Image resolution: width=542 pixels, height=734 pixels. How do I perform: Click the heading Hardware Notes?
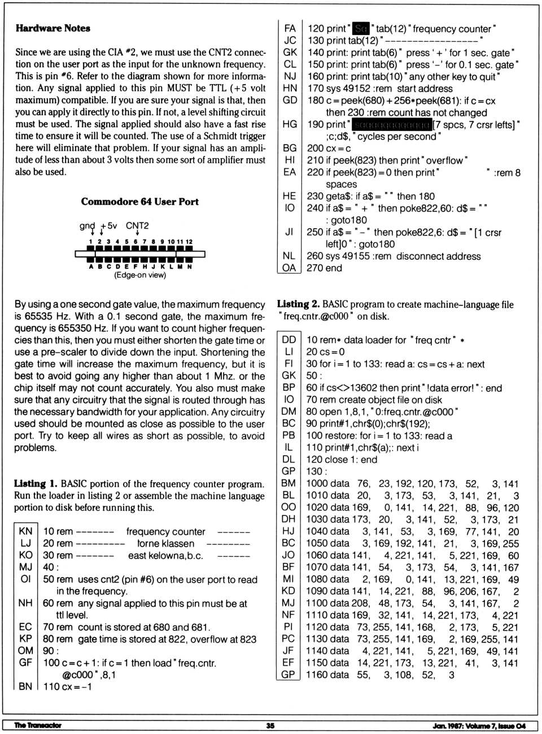tap(53, 28)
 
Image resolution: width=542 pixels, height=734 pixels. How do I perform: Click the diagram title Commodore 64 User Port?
tap(139, 202)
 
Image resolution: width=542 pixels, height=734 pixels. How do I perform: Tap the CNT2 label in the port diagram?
tap(137, 226)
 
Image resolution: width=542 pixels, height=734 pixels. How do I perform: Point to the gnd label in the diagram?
tap(87, 226)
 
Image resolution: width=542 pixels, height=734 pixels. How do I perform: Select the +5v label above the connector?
tap(108, 226)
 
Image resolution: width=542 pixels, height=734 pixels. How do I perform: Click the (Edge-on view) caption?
tap(140, 275)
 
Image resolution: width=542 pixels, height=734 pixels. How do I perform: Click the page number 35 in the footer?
tap(270, 726)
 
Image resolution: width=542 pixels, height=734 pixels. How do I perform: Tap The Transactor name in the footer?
tap(38, 726)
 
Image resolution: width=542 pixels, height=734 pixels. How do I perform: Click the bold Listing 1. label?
tap(36, 484)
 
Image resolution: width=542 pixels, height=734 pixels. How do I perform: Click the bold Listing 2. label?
tap(298, 304)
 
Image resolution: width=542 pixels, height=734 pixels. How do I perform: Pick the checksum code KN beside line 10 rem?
tap(25, 531)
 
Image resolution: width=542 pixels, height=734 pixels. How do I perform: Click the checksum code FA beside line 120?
tap(290, 28)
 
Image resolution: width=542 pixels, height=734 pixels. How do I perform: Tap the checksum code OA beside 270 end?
tap(289, 268)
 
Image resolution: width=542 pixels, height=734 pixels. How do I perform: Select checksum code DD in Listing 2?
tap(289, 340)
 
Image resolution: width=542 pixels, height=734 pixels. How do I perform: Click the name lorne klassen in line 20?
tap(166, 543)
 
